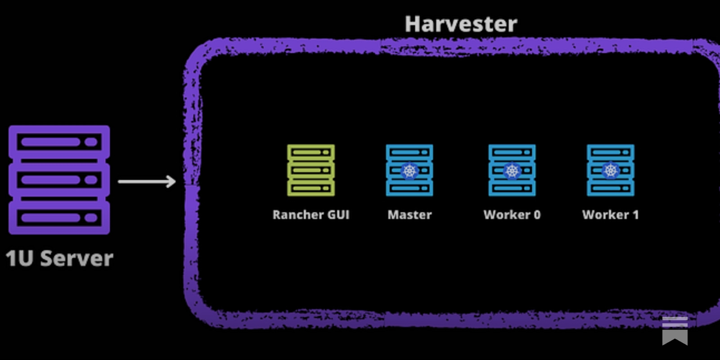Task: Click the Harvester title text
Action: point(461,24)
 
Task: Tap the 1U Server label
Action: point(59,259)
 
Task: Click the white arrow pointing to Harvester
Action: point(147,181)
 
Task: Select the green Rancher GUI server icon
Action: point(311,170)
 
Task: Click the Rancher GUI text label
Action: point(311,215)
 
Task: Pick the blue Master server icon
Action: point(409,170)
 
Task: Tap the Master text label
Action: point(409,215)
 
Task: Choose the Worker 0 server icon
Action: point(512,170)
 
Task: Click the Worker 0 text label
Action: point(512,215)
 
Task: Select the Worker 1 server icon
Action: point(611,170)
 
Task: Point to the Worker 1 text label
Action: point(611,215)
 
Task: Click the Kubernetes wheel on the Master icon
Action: point(409,171)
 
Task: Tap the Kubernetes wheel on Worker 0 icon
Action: point(512,171)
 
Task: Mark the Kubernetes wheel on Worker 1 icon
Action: point(611,171)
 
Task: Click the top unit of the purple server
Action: point(59,142)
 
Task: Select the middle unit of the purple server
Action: point(59,180)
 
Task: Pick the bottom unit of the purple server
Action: point(59,218)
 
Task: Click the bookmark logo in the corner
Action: point(675,330)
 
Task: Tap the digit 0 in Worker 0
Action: point(537,215)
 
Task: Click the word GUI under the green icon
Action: point(338,215)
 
